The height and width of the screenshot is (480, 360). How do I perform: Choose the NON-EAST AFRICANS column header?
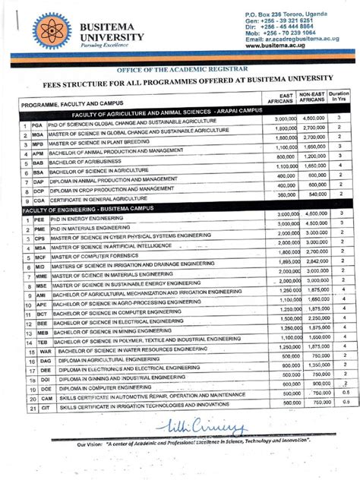[x=312, y=98]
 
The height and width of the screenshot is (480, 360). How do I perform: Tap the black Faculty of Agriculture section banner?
[x=145, y=109]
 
